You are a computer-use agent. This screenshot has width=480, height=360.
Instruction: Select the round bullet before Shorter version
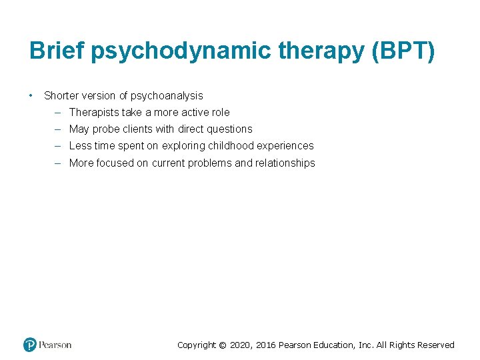point(31,95)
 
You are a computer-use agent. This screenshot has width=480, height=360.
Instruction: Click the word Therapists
point(94,113)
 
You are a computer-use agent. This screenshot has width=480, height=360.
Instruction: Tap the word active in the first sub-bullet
point(198,113)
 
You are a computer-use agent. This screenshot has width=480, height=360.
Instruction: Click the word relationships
point(285,163)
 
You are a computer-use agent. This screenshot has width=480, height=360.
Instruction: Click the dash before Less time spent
point(58,146)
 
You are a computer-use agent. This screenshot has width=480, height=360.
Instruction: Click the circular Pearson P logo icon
point(30,345)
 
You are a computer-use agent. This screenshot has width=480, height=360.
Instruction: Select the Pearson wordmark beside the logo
point(55,345)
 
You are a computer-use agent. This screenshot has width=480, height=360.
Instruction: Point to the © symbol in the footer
point(223,345)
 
